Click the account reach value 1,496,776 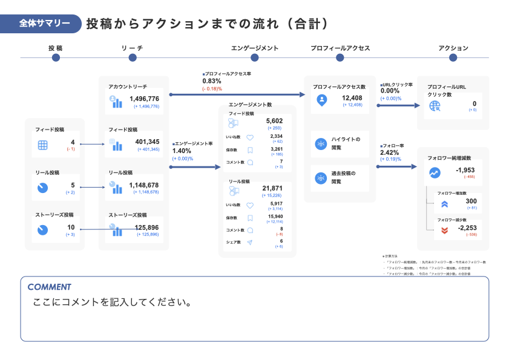click(144, 99)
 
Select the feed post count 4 click(73, 142)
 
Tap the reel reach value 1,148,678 click(144, 185)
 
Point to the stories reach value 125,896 click(146, 227)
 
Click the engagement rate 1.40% click(182, 151)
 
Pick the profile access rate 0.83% click(211, 81)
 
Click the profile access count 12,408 click(352, 98)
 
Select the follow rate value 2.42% click(390, 152)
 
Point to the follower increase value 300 click(471, 201)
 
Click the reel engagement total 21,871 click(272, 189)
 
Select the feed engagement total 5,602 click(274, 121)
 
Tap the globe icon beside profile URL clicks click(435, 106)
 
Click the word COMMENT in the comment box click(49, 287)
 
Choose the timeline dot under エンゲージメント click(254, 57)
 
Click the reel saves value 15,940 click(275, 216)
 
